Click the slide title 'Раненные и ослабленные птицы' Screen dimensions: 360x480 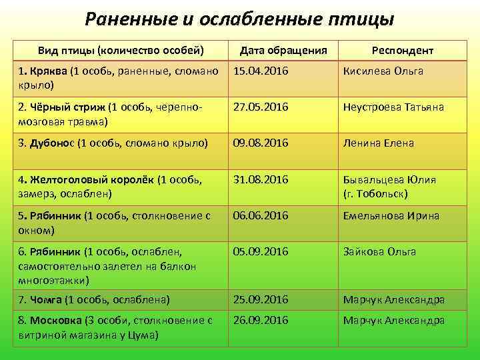pos(239,19)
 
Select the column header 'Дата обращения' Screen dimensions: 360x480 pos(283,51)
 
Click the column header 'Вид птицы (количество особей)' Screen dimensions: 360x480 pos(121,51)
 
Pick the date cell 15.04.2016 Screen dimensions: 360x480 pos(260,71)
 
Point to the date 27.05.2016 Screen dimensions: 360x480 pos(260,107)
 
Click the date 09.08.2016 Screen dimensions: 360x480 pos(260,143)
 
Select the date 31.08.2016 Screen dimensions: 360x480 pos(260,179)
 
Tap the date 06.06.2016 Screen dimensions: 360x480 pos(260,215)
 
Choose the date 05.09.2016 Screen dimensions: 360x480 pos(260,251)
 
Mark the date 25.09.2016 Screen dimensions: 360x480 pos(260,300)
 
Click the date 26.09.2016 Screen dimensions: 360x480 pos(260,320)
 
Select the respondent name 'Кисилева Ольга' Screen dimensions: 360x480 pos(383,71)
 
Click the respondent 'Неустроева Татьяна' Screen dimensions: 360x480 pos(393,107)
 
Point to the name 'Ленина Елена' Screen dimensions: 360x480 pos(378,143)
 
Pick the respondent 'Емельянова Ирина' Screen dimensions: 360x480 pos(391,215)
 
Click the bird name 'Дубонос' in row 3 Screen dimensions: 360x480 pos(53,143)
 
